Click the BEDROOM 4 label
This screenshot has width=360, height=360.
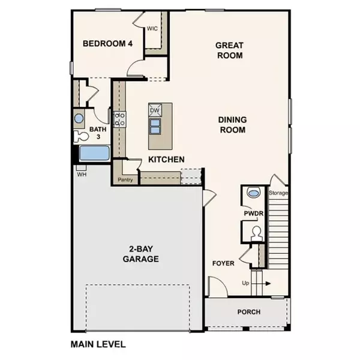[107, 44]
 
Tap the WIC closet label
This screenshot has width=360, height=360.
[153, 28]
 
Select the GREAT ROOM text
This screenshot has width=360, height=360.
[229, 50]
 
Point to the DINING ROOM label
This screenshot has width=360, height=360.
[232, 124]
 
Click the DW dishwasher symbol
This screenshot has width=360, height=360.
[154, 110]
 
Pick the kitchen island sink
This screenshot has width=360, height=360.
[155, 126]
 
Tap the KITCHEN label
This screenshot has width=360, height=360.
[166, 159]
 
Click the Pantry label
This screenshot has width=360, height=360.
[125, 179]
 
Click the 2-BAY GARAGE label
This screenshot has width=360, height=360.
[142, 254]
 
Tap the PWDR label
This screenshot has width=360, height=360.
[251, 212]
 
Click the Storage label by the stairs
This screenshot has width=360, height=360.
[279, 193]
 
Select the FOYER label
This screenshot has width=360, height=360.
[223, 263]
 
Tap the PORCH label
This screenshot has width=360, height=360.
[248, 311]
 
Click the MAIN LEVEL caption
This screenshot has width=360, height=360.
[98, 344]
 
